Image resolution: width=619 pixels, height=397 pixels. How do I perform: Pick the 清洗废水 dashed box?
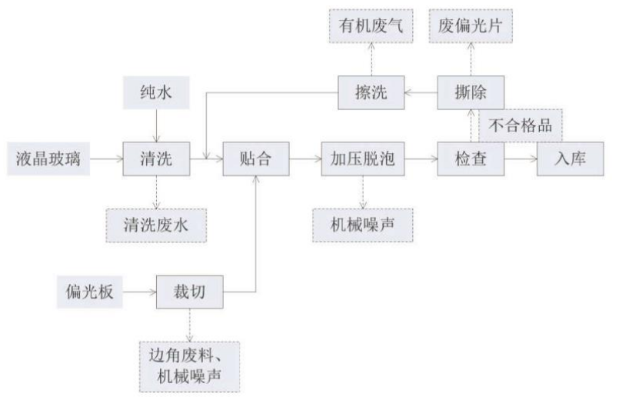click(x=157, y=225)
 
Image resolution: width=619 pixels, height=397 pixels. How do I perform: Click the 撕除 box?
click(x=470, y=92)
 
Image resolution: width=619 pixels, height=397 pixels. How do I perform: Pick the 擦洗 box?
click(x=371, y=92)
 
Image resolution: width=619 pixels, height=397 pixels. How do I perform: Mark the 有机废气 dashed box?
click(x=371, y=25)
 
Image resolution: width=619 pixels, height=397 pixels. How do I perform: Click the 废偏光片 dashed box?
click(x=470, y=25)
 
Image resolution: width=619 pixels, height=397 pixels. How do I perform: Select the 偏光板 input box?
click(x=90, y=292)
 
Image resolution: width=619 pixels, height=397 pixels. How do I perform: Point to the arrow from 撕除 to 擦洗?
click(x=421, y=92)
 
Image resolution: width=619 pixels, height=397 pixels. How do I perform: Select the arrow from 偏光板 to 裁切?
click(x=139, y=292)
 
